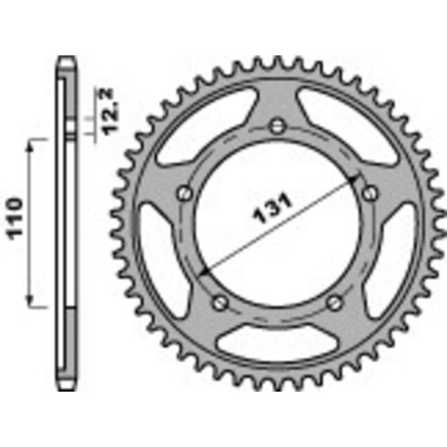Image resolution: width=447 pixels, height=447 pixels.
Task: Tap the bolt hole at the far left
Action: (x=185, y=192)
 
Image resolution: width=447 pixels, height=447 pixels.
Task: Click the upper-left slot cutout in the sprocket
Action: (x=209, y=118)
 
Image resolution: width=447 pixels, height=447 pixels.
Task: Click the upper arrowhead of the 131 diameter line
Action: (x=353, y=179)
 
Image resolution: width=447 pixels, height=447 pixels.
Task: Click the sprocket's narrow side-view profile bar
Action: (x=65, y=227)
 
